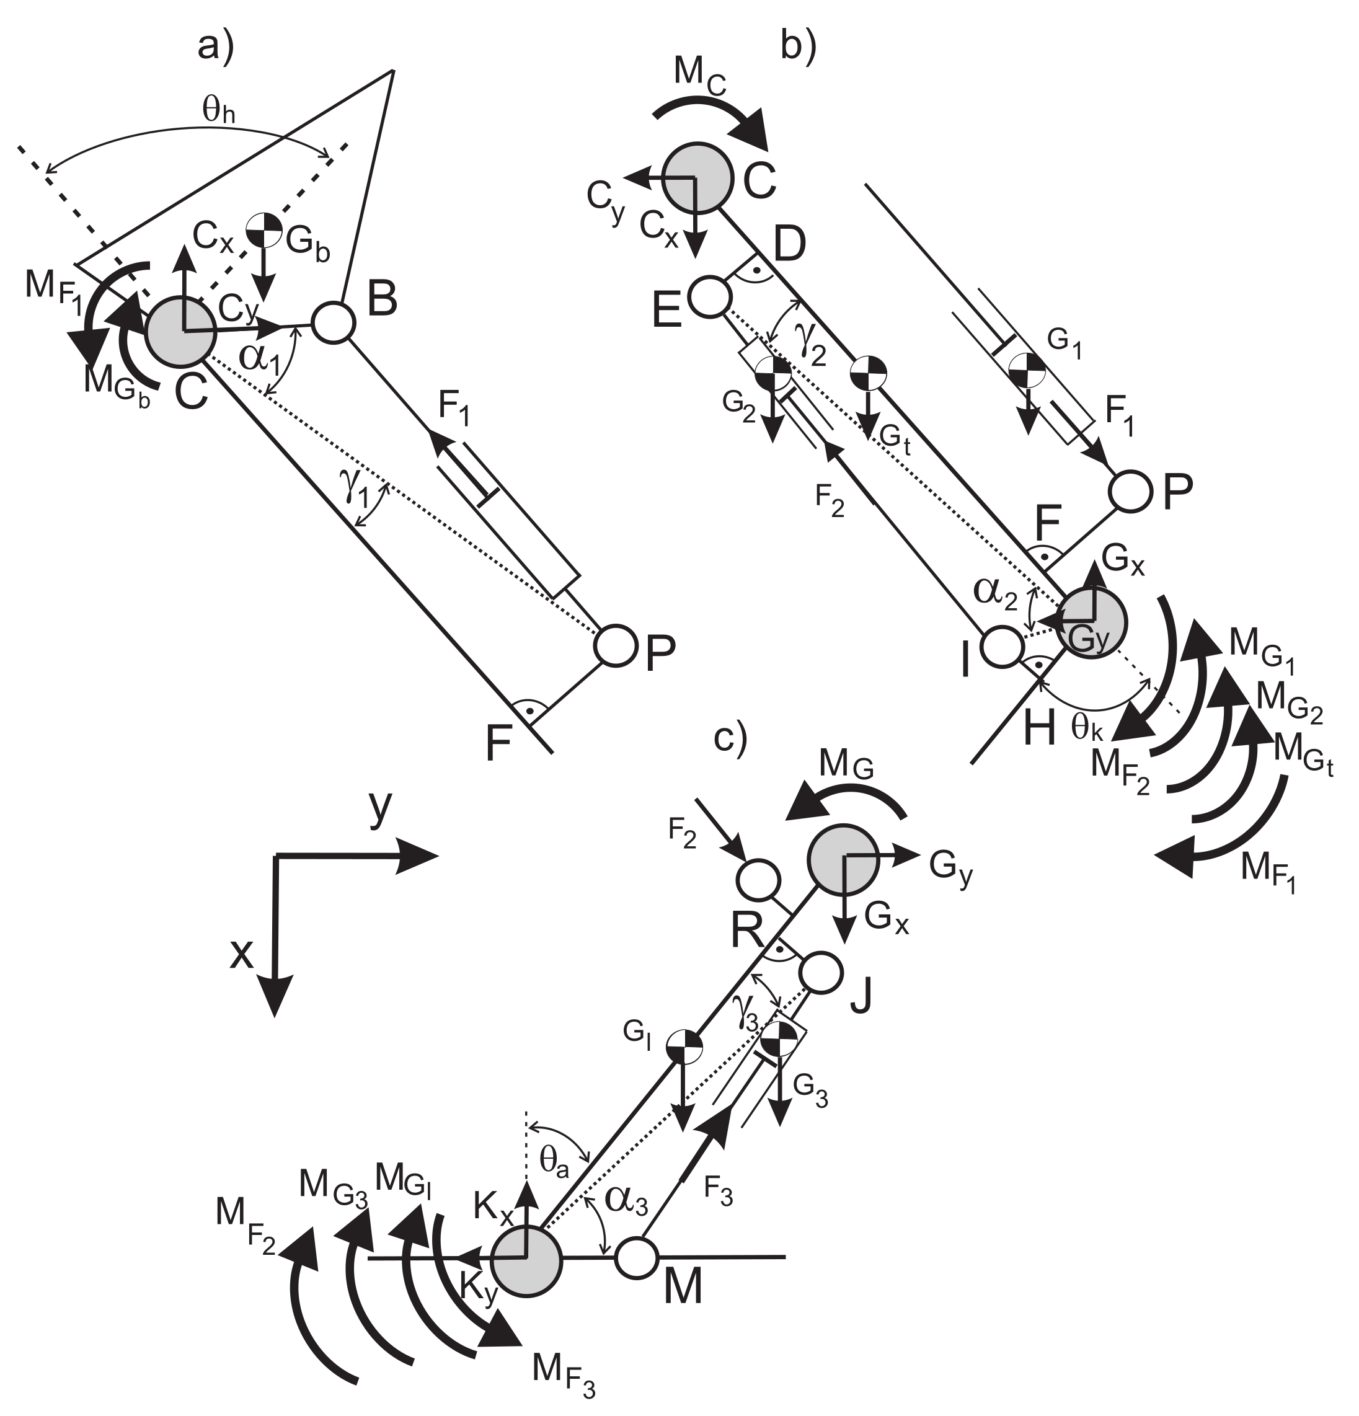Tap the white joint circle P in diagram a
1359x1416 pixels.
tap(616, 645)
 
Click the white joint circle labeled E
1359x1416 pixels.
tap(710, 296)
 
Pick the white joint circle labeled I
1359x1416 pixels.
tap(1001, 647)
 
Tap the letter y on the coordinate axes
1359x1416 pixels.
tap(380, 808)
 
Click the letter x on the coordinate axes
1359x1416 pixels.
tap(242, 954)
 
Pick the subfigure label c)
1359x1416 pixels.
tap(729, 737)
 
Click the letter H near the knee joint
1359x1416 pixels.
tap(1040, 730)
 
